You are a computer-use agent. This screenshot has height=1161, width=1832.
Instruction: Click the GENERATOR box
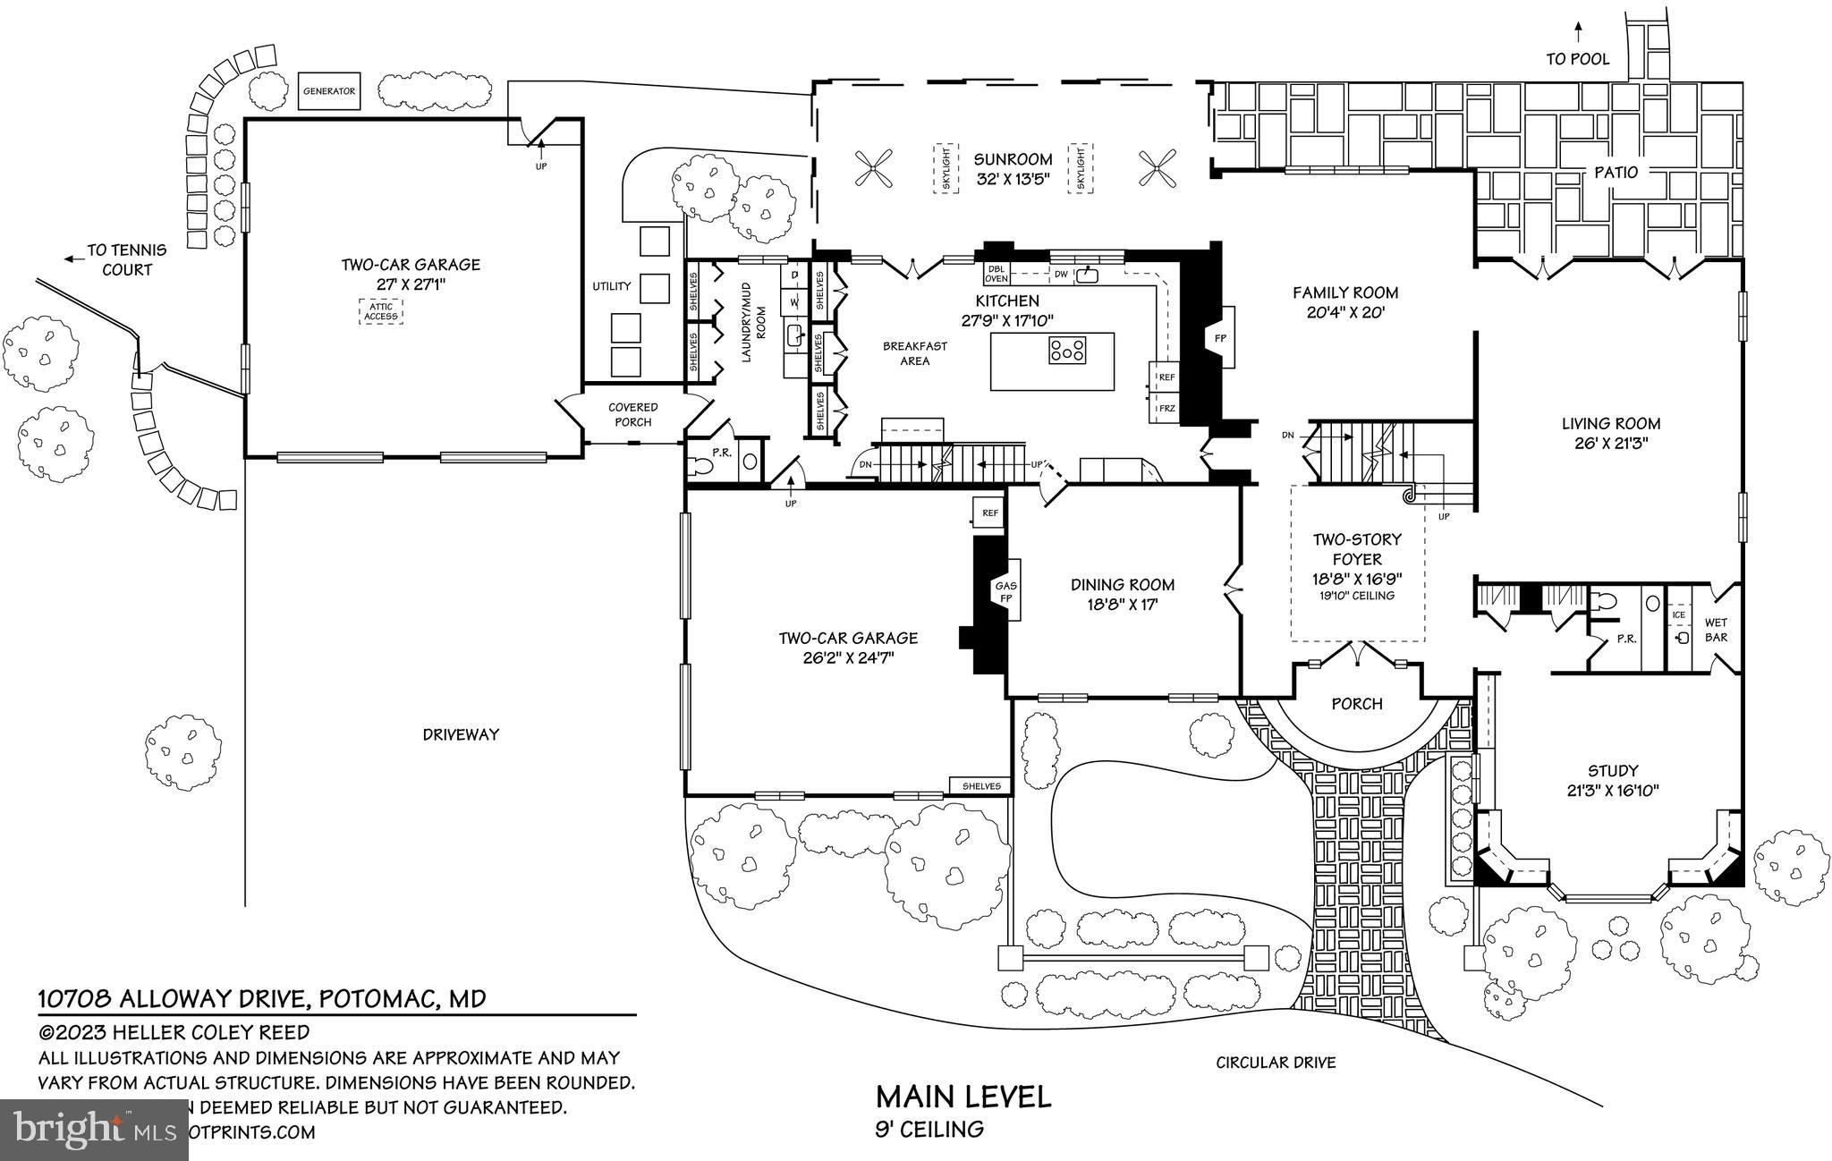[x=328, y=91]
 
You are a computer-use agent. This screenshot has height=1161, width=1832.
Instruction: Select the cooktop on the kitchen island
[x=1067, y=349]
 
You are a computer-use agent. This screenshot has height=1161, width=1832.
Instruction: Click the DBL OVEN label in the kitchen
[x=997, y=273]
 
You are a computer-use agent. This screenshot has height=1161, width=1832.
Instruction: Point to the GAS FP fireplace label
[x=1006, y=592]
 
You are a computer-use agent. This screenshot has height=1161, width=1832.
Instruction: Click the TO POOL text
[x=1578, y=59]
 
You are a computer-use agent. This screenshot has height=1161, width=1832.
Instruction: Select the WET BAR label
[x=1716, y=630]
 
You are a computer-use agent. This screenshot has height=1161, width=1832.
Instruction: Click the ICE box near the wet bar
[x=1678, y=614]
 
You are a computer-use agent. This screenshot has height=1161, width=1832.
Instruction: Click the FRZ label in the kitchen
[x=1166, y=409]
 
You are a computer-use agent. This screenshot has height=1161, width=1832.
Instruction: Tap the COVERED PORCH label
[x=632, y=414]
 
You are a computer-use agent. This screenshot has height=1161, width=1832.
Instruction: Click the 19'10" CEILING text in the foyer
[x=1357, y=596]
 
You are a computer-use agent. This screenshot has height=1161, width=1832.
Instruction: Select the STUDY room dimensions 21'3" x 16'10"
[x=1613, y=791]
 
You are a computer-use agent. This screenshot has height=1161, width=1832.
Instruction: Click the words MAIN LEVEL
[x=963, y=1097]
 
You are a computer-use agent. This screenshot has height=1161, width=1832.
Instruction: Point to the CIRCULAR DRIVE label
[x=1276, y=1063]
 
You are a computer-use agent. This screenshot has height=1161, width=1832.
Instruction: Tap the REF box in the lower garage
[x=989, y=513]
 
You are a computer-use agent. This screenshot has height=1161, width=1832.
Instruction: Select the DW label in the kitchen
[x=1060, y=274]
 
